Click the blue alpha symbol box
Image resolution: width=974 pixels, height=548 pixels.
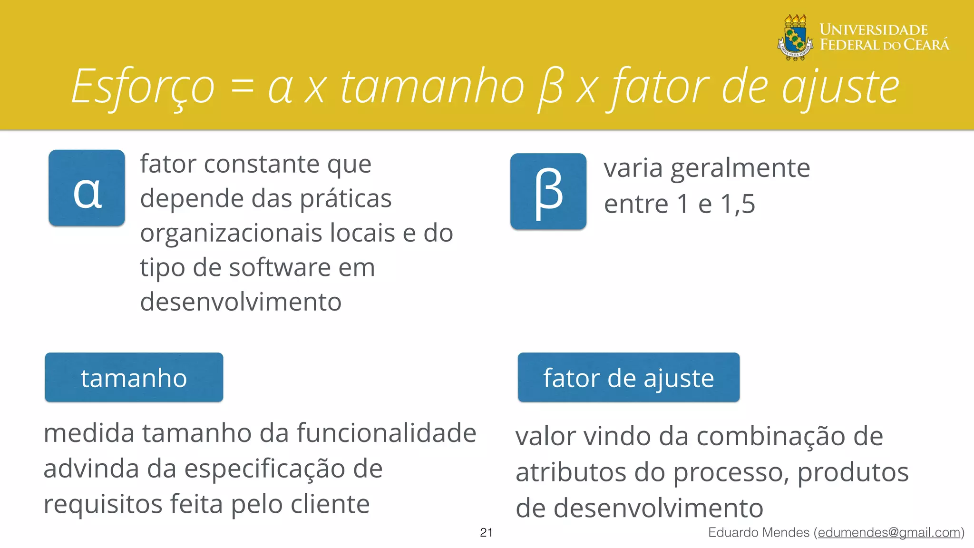[87, 188]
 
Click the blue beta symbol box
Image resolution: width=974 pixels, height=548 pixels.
[548, 191]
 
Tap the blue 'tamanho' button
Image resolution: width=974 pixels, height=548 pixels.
[134, 378]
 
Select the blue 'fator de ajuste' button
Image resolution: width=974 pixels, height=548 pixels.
[628, 378]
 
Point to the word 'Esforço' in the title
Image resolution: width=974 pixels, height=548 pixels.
[143, 87]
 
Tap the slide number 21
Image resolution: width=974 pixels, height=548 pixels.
[486, 532]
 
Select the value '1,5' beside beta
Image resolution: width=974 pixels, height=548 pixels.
[738, 204]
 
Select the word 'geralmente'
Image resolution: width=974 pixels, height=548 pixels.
[740, 168]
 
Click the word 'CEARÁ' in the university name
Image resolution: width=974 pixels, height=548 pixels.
[926, 45]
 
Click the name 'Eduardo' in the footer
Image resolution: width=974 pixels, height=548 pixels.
[736, 532]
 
